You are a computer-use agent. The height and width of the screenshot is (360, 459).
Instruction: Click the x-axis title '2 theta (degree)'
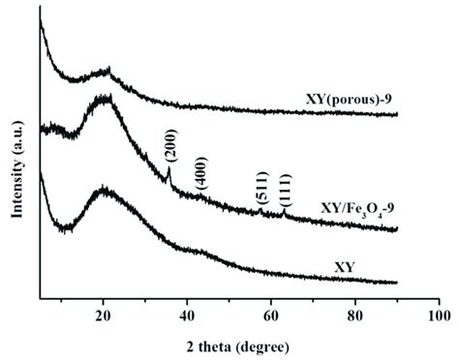pos(238,344)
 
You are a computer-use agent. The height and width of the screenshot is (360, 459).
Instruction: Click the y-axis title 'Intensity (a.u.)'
pos(15,159)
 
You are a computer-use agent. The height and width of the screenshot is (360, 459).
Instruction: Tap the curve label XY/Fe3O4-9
pos(357,208)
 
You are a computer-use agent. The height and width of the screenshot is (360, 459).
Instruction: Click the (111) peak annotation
pos(286,191)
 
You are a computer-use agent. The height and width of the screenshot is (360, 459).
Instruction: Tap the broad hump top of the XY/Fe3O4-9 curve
pos(104,97)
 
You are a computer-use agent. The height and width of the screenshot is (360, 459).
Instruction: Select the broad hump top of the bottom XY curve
pos(104,193)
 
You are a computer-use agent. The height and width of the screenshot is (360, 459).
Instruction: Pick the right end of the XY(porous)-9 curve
pos(397,114)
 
